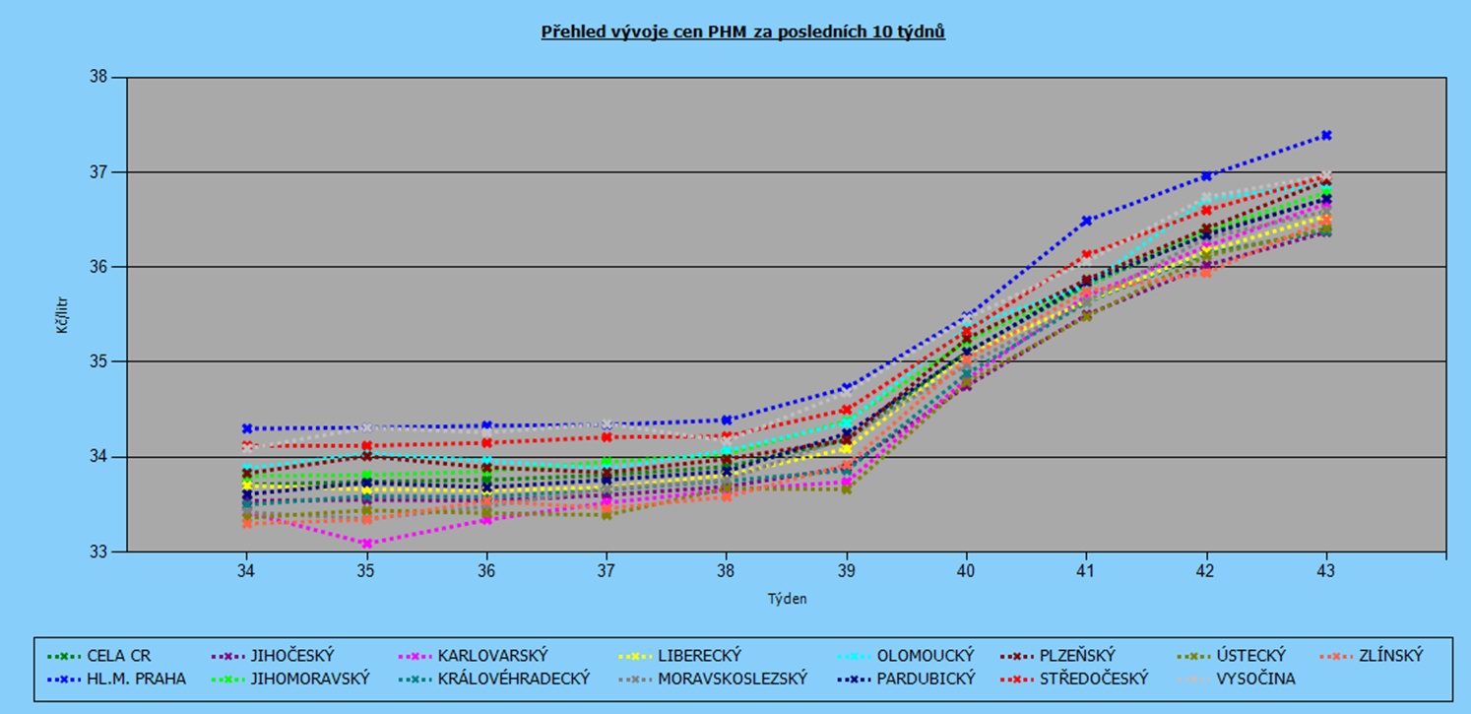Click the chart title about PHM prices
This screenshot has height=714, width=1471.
coord(742,32)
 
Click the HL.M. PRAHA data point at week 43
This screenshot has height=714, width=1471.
coord(1326,135)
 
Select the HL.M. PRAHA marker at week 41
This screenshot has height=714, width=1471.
coord(1086,221)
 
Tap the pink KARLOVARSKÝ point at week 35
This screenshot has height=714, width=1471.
coord(366,543)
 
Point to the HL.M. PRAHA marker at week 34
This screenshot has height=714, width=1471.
coord(246,428)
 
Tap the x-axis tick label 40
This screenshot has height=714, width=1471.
coord(966,570)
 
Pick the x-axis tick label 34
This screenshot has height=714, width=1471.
coord(246,570)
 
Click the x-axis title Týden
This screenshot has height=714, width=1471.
coord(787,598)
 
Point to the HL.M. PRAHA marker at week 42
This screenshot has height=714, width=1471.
coord(1206,176)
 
